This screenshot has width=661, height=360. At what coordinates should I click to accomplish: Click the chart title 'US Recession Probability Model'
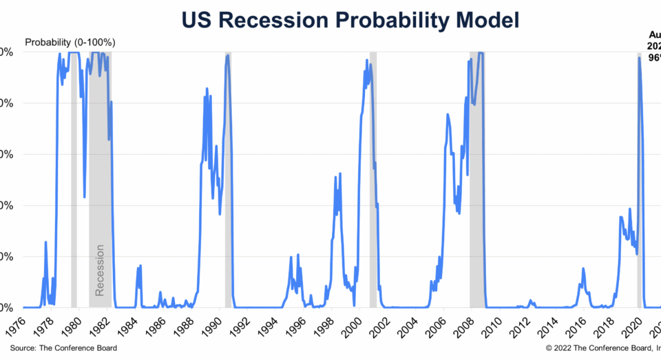(x=350, y=21)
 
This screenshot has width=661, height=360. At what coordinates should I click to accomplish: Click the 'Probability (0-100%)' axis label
(x=70, y=43)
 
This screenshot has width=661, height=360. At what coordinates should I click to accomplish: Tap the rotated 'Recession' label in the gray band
(x=100, y=270)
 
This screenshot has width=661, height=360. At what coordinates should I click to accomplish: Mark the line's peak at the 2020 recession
(x=639, y=58)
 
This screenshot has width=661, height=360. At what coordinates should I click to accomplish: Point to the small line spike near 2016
(x=583, y=269)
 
